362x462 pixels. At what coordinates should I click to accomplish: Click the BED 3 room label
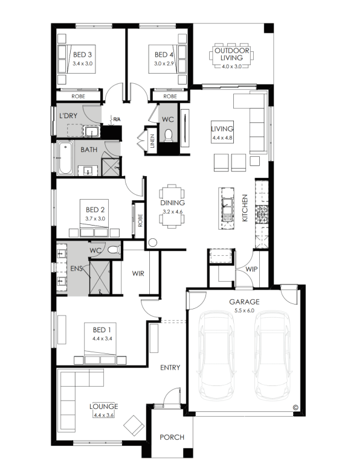click(x=82, y=54)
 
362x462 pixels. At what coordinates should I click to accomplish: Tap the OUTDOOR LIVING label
click(x=232, y=54)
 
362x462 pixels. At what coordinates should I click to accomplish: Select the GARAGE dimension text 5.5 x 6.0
click(x=245, y=310)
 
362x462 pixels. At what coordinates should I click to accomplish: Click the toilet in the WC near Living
click(x=168, y=135)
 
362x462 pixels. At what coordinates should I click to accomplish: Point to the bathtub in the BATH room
click(x=65, y=158)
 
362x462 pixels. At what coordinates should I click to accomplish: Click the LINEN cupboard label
click(x=152, y=141)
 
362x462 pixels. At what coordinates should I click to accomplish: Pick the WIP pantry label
click(x=251, y=269)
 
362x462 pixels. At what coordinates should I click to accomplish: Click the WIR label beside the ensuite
click(x=138, y=273)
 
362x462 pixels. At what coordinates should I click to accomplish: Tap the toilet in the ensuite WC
click(x=114, y=250)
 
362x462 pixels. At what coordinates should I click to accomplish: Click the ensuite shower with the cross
click(x=100, y=277)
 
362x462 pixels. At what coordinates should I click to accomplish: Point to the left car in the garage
click(x=216, y=356)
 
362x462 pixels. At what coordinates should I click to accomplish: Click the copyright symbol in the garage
click(x=296, y=408)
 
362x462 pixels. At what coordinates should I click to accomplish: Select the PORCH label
click(x=172, y=437)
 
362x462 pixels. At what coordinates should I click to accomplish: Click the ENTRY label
click(x=170, y=367)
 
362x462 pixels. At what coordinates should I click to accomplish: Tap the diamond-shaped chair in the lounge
click(x=134, y=425)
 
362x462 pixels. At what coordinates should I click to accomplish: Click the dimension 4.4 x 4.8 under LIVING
click(x=222, y=138)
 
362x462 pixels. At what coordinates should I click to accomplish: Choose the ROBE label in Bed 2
click(x=140, y=220)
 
